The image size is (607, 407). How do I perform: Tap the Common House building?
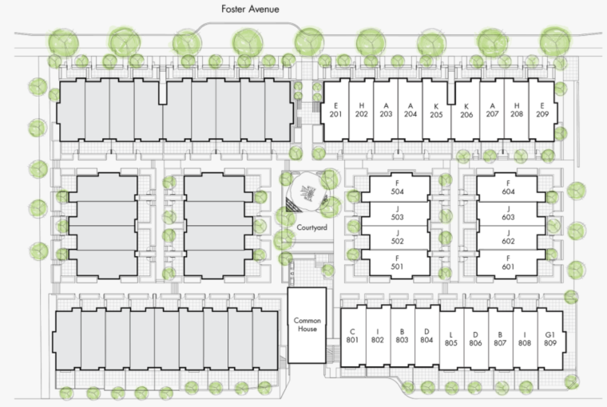click(x=307, y=325)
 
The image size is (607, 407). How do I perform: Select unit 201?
click(x=336, y=110)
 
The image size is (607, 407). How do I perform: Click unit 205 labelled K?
click(x=436, y=110)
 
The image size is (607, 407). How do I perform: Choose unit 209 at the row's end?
click(x=542, y=110)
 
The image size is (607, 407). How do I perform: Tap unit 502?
click(x=397, y=237)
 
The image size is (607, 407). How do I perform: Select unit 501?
click(x=397, y=263)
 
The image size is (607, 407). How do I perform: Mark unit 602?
click(x=507, y=237)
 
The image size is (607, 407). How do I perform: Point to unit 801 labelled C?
click(x=353, y=336)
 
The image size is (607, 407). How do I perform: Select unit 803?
click(x=402, y=336)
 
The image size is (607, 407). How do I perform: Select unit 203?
click(x=386, y=110)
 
